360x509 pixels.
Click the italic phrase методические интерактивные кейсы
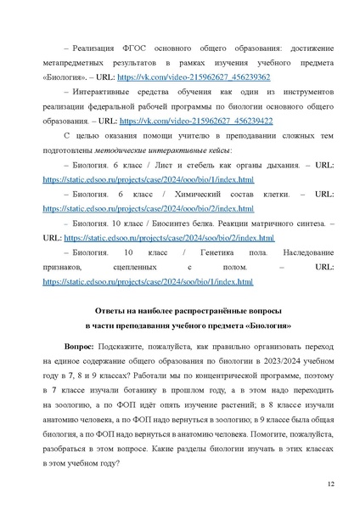(161, 153)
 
